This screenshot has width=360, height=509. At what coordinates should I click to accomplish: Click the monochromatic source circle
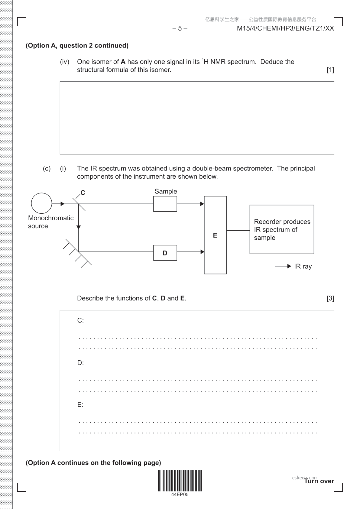(41, 203)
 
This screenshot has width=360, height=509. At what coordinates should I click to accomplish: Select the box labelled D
(165, 253)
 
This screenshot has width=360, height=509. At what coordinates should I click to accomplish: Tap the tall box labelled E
(215, 235)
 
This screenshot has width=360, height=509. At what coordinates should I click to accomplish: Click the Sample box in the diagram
(165, 204)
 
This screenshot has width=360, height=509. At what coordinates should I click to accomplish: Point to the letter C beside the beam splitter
(83, 193)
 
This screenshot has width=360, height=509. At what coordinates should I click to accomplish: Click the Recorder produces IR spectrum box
(282, 229)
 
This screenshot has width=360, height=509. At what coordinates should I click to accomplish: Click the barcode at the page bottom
(180, 481)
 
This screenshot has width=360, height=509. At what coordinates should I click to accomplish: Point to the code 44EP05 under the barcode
(180, 495)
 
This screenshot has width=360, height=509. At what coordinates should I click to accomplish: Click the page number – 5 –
(180, 28)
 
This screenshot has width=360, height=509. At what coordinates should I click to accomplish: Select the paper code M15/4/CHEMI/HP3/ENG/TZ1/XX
(285, 28)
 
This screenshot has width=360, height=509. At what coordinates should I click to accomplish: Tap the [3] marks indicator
(330, 298)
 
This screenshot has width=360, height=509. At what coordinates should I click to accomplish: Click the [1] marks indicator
(330, 70)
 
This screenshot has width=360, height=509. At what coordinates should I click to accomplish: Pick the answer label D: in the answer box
(80, 363)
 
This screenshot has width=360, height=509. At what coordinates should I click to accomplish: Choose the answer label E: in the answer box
(80, 405)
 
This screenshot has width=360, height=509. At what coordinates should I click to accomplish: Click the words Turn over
(319, 481)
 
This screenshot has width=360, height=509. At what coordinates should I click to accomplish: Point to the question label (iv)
(65, 62)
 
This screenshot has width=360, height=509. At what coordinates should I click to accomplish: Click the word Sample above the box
(166, 191)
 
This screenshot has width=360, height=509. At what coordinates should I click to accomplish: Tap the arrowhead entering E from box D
(203, 252)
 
